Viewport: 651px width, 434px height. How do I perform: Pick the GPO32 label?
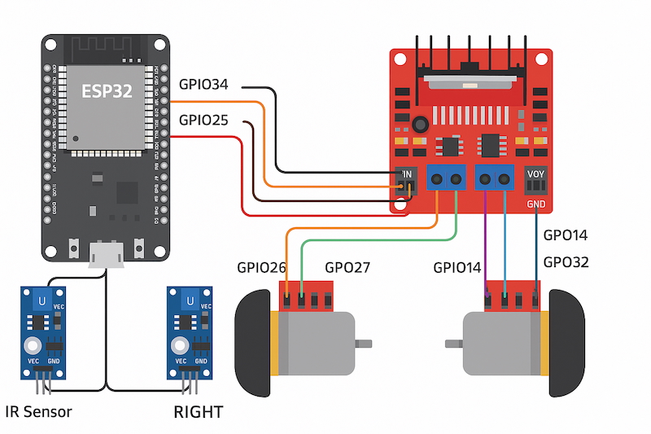tap(565, 262)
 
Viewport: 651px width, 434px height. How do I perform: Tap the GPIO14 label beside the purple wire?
tap(457, 266)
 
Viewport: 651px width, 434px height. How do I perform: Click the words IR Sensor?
tap(38, 411)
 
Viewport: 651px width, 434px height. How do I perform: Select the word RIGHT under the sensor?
tap(198, 412)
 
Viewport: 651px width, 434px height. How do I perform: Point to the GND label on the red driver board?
tap(536, 204)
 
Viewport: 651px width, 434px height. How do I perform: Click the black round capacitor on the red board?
tap(420, 125)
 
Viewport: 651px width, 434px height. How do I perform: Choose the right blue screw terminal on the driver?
tap(496, 178)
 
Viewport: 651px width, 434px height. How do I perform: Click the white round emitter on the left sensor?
tap(33, 346)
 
